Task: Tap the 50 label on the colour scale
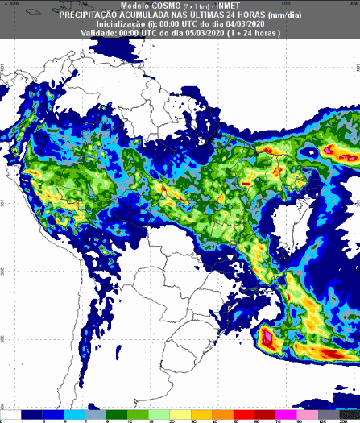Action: pyautogui.click(x=236, y=420)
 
